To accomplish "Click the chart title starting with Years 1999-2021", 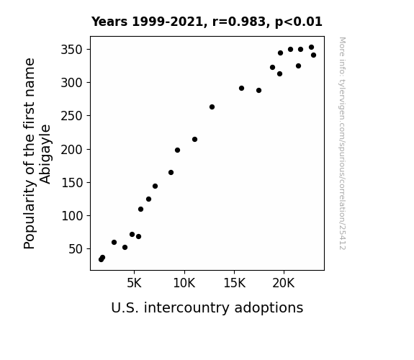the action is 207,22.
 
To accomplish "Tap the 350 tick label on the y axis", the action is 72,50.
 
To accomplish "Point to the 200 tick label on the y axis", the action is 72,149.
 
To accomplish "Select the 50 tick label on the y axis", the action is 76,249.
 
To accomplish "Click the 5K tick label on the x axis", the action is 134,283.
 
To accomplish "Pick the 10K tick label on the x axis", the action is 184,283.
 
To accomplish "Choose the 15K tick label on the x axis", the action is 234,283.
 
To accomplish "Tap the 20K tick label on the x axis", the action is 284,283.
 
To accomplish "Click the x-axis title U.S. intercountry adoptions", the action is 207,308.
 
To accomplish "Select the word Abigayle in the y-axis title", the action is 45,154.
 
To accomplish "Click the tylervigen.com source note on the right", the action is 342,143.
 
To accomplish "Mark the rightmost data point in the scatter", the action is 313,55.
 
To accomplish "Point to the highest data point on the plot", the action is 311,48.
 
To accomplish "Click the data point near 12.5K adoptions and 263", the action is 212,107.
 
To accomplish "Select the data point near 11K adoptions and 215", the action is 194,139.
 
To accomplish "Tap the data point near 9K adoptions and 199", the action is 177,150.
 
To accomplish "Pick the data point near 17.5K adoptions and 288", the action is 258,90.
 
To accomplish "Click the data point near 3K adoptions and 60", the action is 114,242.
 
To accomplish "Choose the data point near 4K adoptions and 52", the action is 125,247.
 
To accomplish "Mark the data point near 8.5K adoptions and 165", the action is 171,173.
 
